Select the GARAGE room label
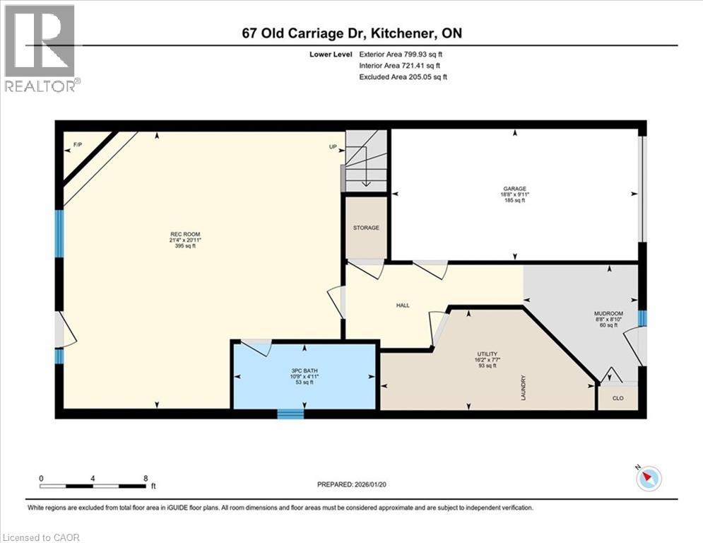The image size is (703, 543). coord(515,189)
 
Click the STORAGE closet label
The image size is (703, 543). coord(366,228)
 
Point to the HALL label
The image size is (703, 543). coord(402,305)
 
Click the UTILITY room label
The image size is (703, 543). coord(488,354)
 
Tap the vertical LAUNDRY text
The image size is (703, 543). coord(523,387)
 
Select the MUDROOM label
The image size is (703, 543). coord(608,313)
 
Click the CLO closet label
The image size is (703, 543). coord(617,398)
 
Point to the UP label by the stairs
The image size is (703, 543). coord(332,147)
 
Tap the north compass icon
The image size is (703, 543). coord(648,479)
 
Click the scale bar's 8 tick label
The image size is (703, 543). coord(146,478)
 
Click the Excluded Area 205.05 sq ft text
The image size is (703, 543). coord(403,77)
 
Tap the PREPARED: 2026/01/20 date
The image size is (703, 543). coord(355,484)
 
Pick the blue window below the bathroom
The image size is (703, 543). coord(290,414)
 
